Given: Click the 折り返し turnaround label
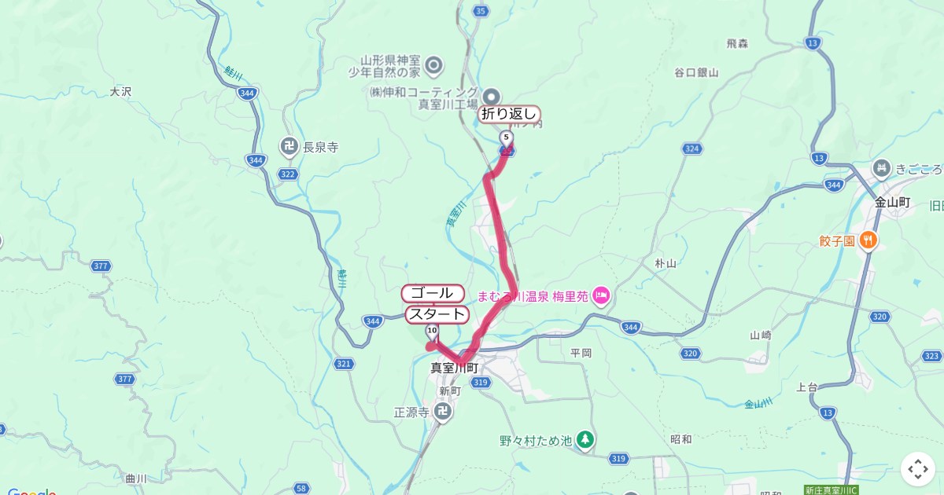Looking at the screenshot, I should (510, 115).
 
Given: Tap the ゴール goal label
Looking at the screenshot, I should (433, 293).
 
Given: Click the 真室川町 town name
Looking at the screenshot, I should (454, 367).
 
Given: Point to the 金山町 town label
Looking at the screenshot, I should (892, 202).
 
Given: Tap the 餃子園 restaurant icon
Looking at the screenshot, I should (868, 240).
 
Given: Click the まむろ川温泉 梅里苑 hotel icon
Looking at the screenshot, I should (602, 296).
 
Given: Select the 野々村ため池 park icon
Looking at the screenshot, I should (584, 438).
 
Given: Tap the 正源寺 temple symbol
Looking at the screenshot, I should (444, 411).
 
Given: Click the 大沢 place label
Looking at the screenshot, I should (120, 91).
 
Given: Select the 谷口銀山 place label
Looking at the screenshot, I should (696, 73).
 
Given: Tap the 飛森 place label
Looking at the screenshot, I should (737, 44).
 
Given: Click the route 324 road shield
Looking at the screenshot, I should (691, 148).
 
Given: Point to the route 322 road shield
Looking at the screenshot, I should (288, 174).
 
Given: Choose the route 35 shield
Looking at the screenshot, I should (481, 10).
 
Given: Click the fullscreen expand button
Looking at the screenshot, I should (918, 469).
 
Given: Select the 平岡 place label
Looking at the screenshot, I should (581, 353).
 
